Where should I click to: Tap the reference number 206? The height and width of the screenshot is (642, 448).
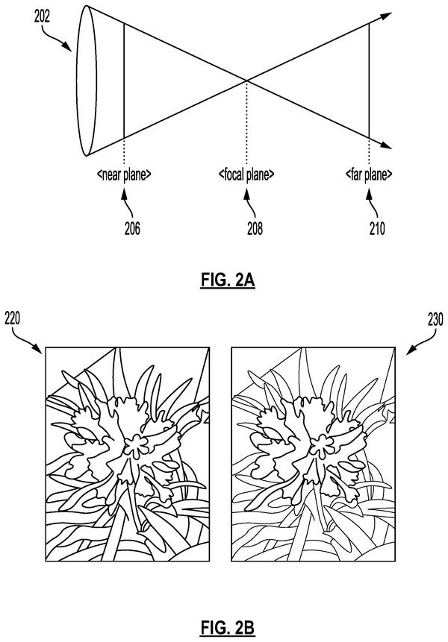[x=132, y=228]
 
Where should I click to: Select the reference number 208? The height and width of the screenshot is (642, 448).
[x=255, y=228]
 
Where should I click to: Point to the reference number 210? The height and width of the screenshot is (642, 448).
[x=376, y=228]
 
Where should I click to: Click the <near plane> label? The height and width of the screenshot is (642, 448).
[x=124, y=174]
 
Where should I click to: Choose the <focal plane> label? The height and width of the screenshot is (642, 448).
[x=246, y=174]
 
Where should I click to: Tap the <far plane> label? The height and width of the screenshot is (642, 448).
[x=369, y=174]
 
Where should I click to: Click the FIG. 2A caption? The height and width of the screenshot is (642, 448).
[x=228, y=281]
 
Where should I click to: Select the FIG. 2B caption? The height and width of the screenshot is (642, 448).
[x=228, y=627]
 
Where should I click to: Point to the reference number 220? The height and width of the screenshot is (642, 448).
[x=12, y=318]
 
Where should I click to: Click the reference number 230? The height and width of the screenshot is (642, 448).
[x=435, y=318]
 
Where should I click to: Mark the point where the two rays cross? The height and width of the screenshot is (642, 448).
[x=246, y=81]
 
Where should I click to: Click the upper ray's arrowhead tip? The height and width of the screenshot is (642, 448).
[x=392, y=13]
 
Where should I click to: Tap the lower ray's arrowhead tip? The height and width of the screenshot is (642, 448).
[x=392, y=148]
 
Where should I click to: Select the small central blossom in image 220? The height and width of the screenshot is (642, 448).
[x=137, y=446]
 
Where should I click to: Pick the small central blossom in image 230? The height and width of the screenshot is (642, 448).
[x=323, y=446]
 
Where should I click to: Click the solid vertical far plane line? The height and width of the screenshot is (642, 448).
[x=369, y=81]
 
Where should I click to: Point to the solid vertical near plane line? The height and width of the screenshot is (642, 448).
[x=124, y=81]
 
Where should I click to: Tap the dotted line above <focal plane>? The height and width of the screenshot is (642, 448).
[x=246, y=124]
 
